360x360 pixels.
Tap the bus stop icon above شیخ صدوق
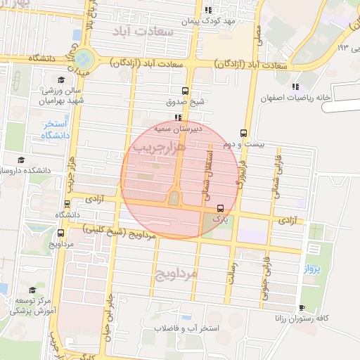[185, 91]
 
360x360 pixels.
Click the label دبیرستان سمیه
[179, 129]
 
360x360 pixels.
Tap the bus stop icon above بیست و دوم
[243, 132]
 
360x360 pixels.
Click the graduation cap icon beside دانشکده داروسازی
[20, 160]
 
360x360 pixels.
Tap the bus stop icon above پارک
[221, 208]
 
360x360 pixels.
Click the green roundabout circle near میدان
[84, 58]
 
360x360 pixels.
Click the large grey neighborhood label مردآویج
[178, 272]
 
